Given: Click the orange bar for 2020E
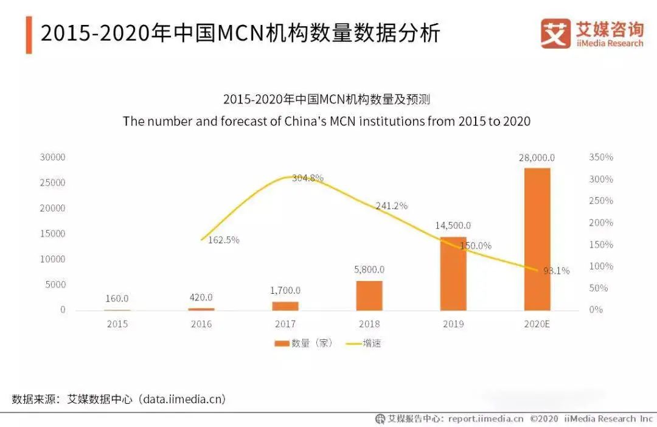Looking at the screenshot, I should point(537,239).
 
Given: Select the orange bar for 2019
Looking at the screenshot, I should point(453,274).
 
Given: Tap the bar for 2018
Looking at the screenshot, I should point(369,296).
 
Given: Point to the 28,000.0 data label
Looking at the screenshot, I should point(537,158).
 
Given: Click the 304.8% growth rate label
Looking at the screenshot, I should point(307,178).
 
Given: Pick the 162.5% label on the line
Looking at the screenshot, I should point(223,240).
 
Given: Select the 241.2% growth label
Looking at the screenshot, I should point(391,206).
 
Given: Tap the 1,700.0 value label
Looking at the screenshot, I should point(285,291).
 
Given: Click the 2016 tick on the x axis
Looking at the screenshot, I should point(201,324).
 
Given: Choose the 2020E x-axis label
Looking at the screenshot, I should point(537,324).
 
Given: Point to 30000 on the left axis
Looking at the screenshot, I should point(53,158).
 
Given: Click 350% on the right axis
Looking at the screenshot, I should point(601,158).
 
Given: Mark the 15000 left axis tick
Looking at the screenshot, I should point(53,234).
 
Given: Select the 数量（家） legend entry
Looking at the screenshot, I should point(304,344).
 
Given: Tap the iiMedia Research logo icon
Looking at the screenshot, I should point(555,33).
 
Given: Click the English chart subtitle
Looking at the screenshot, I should point(327,121).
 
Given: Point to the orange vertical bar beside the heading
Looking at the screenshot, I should point(29,34).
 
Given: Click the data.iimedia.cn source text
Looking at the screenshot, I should point(182,400).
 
